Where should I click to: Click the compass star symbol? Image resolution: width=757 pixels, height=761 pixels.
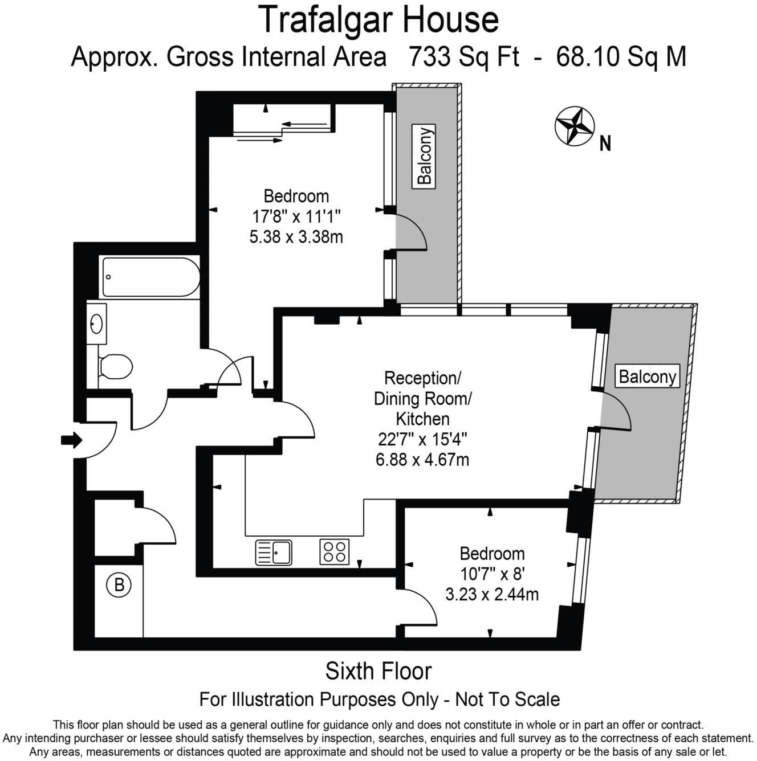click(574, 126)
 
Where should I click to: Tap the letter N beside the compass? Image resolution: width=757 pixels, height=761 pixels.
click(605, 144)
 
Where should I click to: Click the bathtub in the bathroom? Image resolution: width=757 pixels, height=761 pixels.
click(150, 277)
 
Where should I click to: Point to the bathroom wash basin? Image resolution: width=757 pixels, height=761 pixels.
click(96, 324)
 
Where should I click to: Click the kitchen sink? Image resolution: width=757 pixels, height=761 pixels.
click(274, 552)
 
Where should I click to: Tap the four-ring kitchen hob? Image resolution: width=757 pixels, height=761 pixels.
click(335, 551)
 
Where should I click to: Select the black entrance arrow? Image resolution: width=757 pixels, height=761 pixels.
click(71, 440)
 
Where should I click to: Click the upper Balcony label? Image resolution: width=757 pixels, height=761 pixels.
click(425, 156)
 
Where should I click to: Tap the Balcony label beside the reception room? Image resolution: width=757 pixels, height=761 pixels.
click(647, 377)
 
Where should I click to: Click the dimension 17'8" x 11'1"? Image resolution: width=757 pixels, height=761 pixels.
click(296, 216)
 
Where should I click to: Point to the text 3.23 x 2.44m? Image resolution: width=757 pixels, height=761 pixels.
click(491, 595)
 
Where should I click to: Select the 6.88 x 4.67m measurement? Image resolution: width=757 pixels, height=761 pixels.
click(422, 459)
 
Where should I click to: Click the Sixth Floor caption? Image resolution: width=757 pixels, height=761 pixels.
click(378, 671)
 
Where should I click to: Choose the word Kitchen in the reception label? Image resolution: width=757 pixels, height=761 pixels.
click(422, 419)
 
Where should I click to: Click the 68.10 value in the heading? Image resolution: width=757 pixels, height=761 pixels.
click(587, 57)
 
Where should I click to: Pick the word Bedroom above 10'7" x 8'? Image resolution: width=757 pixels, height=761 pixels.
click(492, 553)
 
